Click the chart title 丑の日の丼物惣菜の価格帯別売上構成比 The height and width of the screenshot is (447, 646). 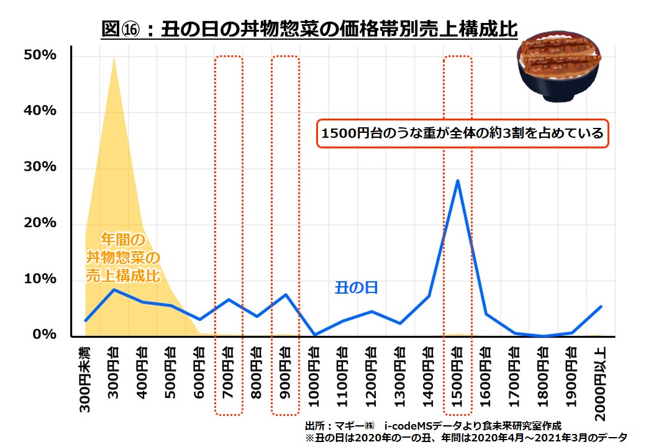pyautogui.click(x=309, y=30)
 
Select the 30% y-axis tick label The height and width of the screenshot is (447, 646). pyautogui.click(x=41, y=168)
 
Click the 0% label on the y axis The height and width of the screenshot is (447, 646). pyautogui.click(x=45, y=335)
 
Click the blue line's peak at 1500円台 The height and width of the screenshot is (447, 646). pyautogui.click(x=457, y=181)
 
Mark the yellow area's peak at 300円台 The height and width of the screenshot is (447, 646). pyautogui.click(x=113, y=57)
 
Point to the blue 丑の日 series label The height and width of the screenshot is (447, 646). pyautogui.click(x=357, y=288)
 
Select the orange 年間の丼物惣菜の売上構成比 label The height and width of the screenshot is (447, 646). pyautogui.click(x=123, y=257)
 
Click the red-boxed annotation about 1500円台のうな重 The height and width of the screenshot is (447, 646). pyautogui.click(x=463, y=133)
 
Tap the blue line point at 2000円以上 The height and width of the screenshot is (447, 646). pyautogui.click(x=600, y=307)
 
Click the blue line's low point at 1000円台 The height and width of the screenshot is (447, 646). pyautogui.click(x=314, y=335)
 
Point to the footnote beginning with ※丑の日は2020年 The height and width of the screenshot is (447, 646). pyautogui.click(x=466, y=438)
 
